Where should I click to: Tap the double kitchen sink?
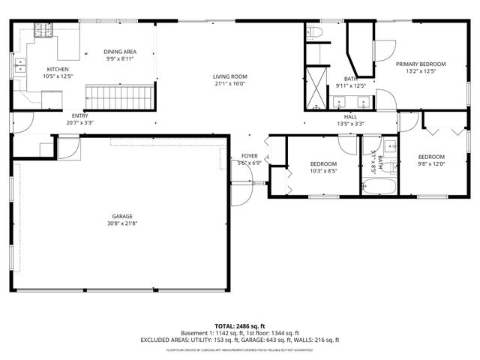21,70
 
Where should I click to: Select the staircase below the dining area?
111,96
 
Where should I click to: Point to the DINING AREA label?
120,52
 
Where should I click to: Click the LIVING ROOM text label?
229,76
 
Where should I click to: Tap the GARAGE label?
122,217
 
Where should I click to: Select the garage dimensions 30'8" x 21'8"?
122,223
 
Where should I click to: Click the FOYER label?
249,156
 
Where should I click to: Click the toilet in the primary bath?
315,32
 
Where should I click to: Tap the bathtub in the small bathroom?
379,184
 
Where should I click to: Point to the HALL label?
350,117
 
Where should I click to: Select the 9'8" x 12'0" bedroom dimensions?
431,163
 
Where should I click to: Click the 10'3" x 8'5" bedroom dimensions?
323,170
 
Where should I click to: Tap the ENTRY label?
79,115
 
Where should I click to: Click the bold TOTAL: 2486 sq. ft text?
239,326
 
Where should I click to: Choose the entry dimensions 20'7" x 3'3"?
79,122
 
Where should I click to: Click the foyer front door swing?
242,187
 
